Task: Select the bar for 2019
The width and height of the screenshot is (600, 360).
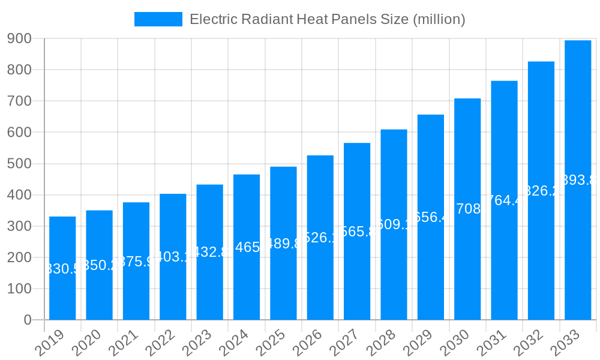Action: (x=62, y=268)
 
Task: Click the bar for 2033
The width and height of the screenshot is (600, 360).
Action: (x=578, y=180)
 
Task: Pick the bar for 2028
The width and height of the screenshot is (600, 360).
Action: (x=394, y=224)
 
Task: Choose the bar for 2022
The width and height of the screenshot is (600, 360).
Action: (x=173, y=257)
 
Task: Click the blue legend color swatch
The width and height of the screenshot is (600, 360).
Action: (x=158, y=19)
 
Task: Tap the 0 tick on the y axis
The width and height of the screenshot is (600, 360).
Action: (x=28, y=320)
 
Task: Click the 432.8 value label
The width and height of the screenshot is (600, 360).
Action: (x=209, y=252)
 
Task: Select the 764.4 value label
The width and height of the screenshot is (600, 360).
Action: (x=504, y=200)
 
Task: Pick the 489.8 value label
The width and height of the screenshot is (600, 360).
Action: (x=283, y=243)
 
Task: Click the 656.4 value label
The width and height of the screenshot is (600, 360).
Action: (x=431, y=217)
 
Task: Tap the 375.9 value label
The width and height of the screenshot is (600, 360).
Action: (x=136, y=262)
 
